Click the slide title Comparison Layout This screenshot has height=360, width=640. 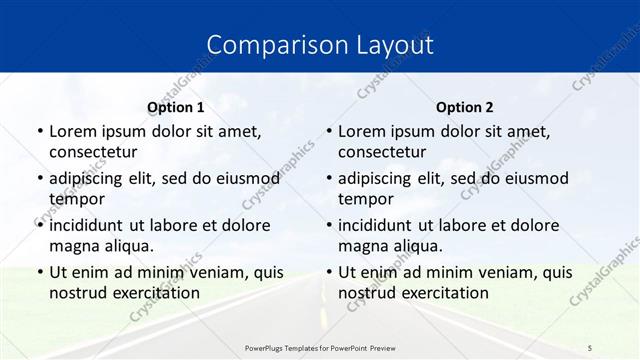[x=320, y=46]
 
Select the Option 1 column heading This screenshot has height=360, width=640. [x=176, y=107]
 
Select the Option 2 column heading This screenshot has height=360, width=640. [x=465, y=107]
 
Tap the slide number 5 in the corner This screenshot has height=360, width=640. [x=590, y=347]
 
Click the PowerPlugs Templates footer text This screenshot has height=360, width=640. [x=320, y=347]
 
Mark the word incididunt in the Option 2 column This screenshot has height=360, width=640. [x=381, y=225]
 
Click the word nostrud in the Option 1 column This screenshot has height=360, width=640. [x=77, y=293]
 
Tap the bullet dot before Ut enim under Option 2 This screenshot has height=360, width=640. [x=329, y=272]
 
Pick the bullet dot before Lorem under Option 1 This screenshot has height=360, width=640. [x=40, y=131]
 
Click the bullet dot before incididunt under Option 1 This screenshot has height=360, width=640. [x=40, y=225]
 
